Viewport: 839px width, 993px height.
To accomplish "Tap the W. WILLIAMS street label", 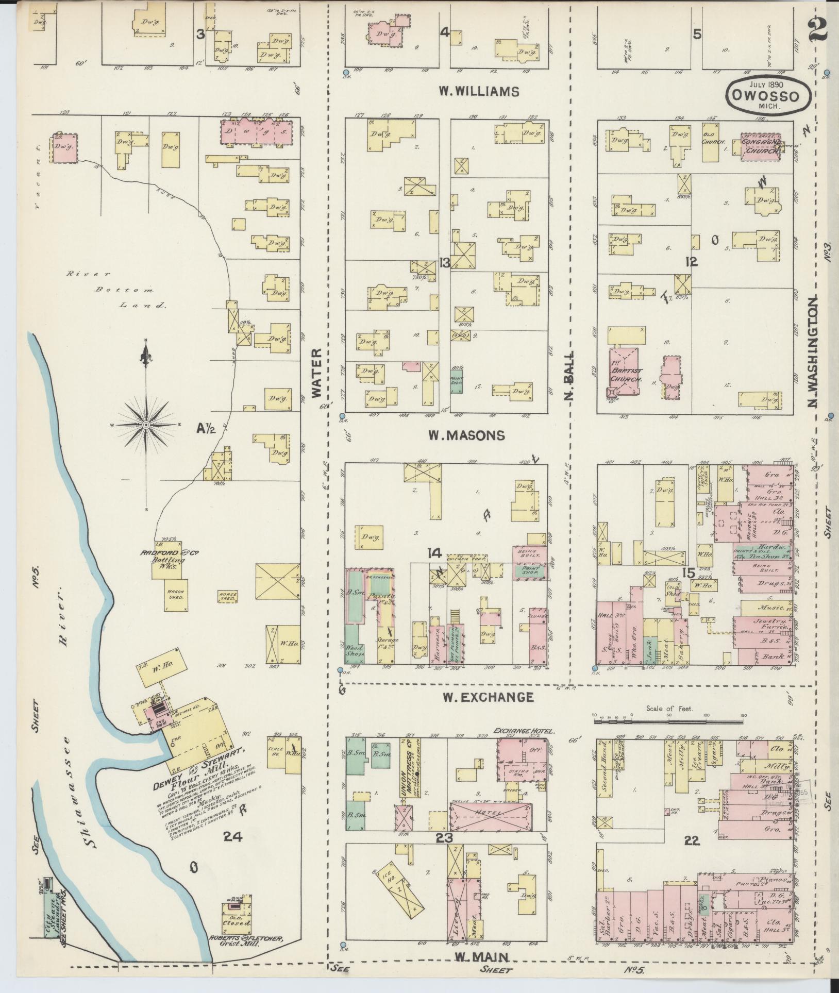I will [x=478, y=92].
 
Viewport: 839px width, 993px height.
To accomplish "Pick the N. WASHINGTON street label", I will [x=812, y=350].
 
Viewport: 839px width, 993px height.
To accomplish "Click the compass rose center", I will [x=146, y=424].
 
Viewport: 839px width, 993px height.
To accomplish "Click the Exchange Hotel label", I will [x=523, y=731].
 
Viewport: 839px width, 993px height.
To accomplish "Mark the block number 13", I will [x=445, y=263].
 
